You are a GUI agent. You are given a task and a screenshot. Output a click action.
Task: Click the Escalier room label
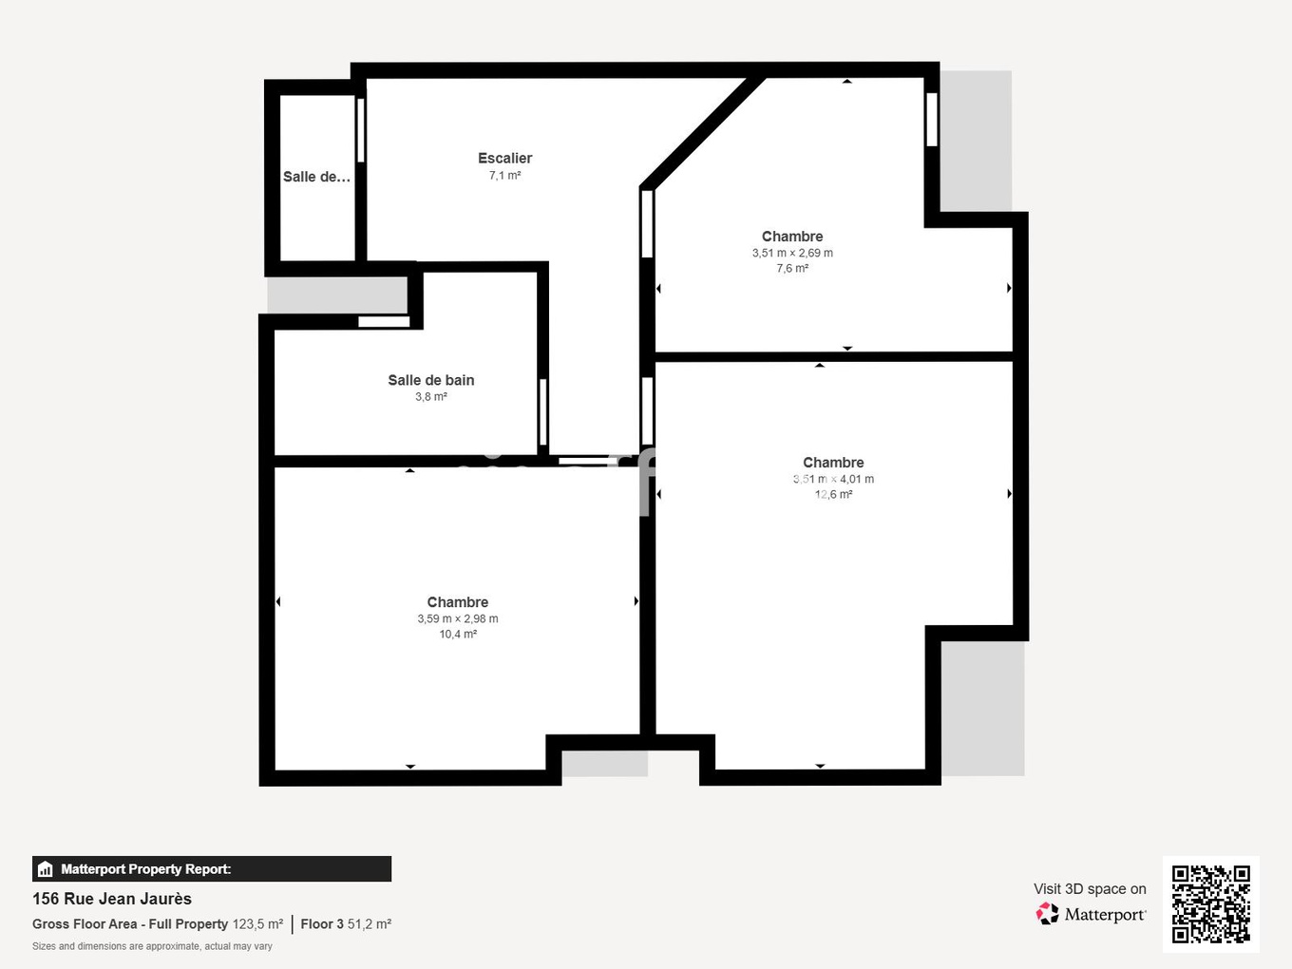[504, 159]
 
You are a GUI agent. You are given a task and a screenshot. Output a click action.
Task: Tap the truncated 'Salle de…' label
[316, 177]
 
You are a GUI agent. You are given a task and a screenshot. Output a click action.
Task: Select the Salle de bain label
[430, 380]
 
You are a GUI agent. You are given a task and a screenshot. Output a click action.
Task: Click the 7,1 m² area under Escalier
[504, 176]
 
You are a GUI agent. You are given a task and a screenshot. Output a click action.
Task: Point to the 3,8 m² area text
[430, 397]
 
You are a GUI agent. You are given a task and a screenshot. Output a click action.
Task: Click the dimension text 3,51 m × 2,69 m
[792, 254]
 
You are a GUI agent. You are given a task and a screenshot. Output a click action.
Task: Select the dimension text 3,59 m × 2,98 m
[457, 619]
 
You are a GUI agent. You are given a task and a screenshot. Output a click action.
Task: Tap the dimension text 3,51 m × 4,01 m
[833, 480]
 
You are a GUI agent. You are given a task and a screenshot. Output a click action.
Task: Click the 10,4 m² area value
[457, 635]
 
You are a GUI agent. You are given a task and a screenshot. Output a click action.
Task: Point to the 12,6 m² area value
[833, 495]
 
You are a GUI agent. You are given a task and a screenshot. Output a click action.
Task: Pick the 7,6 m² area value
[792, 269]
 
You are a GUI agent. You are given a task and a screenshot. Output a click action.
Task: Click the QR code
[1210, 903]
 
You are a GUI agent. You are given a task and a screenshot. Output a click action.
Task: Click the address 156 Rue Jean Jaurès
[112, 899]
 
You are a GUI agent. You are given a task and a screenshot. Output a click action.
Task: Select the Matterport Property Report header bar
[211, 868]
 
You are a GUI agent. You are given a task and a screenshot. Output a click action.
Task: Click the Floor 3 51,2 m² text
[346, 924]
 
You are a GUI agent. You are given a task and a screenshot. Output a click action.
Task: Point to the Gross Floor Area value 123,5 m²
[257, 924]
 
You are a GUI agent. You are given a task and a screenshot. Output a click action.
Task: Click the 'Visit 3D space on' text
[1090, 889]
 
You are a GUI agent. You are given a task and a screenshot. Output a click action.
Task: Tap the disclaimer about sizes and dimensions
[152, 946]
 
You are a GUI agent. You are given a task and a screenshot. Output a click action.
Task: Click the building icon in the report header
[45, 869]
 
